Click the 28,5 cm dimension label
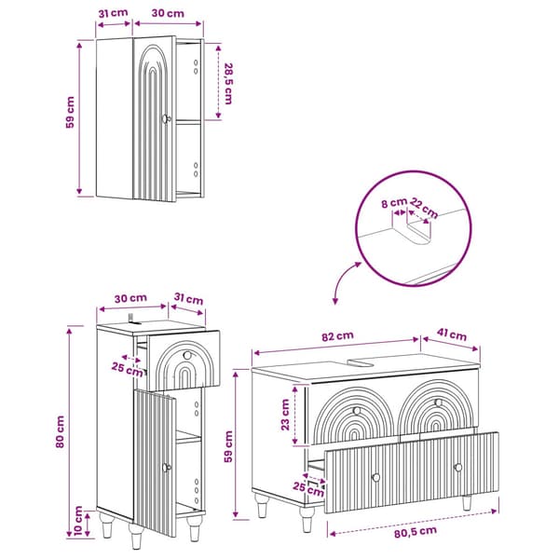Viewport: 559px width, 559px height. coord(228,84)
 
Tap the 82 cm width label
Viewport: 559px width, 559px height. coord(337,336)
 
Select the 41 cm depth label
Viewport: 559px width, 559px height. coord(452,334)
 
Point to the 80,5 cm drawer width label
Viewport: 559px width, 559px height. coord(416,532)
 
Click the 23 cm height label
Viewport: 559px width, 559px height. coord(285,415)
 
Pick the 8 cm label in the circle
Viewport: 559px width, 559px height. coord(394,203)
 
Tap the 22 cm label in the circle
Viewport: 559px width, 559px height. coord(424,208)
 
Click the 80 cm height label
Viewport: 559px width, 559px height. coord(61,432)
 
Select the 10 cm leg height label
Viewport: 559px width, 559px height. coord(79,521)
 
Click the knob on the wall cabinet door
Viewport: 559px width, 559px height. coord(166,118)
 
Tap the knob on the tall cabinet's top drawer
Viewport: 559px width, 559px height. coord(187,355)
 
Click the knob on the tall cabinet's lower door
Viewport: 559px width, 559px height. coord(166,468)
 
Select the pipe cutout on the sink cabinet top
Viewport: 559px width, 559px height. coord(360,363)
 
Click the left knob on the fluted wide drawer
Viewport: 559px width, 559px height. coord(375,477)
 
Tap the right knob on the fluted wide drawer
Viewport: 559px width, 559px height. coord(458,467)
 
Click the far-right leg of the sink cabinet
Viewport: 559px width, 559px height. coord(467,503)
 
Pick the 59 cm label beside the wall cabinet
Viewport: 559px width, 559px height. coord(71,112)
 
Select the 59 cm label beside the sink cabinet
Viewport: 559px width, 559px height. coord(228,446)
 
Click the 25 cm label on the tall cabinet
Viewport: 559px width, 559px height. coord(128,369)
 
